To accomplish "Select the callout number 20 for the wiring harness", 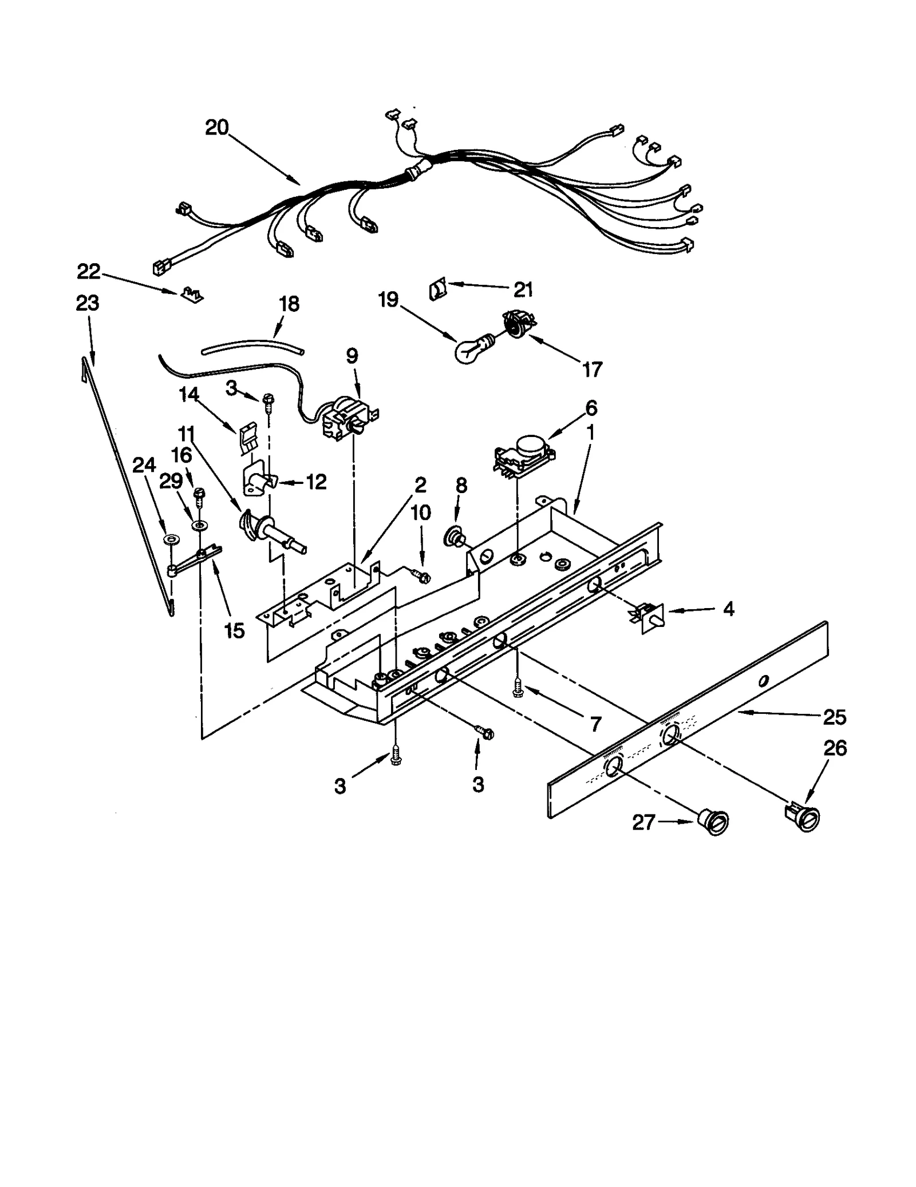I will tap(217, 127).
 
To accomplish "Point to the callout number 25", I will tap(834, 717).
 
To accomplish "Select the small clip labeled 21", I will tap(437, 291).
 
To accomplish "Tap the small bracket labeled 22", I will tap(191, 295).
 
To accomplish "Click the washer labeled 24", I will tap(170, 540).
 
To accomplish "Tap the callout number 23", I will tap(88, 303).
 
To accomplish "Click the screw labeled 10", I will tap(423, 577).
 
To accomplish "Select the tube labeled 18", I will tap(252, 346).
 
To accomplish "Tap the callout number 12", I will tap(316, 482).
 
